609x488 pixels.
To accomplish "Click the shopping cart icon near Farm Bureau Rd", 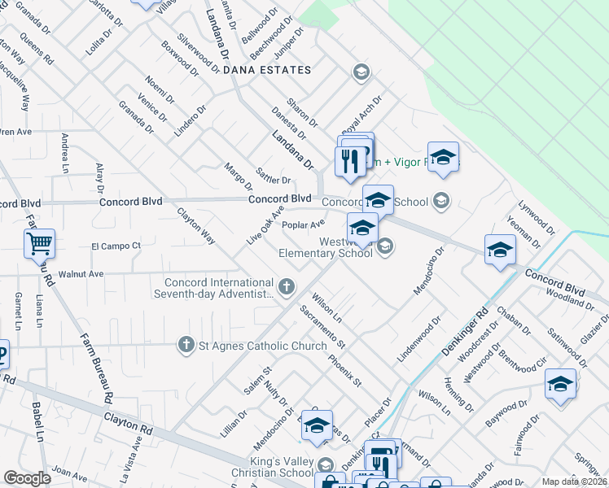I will pos(39,243).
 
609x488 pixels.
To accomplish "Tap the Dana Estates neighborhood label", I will pos(267,71).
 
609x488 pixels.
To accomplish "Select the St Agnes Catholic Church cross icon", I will pos(186,346).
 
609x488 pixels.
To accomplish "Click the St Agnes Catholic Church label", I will pos(252,346).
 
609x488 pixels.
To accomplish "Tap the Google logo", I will pos(28,478).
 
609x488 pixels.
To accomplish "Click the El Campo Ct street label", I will pos(116,246).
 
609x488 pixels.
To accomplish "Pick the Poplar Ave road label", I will pos(304,224).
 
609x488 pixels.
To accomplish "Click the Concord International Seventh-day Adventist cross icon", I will pos(285,286).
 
